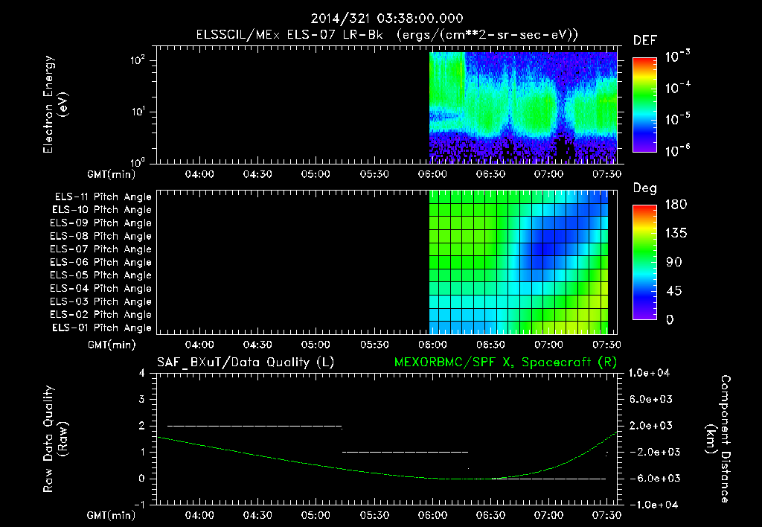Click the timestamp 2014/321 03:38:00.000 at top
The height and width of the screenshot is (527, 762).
point(387,19)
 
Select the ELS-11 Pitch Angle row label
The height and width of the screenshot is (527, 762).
point(103,197)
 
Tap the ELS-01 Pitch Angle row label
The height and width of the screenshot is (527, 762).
point(102,328)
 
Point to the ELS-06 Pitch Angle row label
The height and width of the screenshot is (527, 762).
point(100,262)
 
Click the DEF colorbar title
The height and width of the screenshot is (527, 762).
point(645,41)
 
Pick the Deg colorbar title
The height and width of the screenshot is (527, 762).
point(645,188)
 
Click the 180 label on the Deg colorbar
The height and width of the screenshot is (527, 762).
point(676,204)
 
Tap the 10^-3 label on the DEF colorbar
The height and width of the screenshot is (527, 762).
point(678,57)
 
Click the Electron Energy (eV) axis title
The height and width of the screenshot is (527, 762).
point(55,104)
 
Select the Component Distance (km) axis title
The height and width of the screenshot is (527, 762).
point(718,439)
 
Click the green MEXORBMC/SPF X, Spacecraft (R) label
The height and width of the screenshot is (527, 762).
point(505,362)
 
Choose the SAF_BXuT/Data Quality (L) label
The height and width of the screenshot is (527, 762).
point(246,362)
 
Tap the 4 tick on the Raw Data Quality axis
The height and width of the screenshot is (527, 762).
point(142,373)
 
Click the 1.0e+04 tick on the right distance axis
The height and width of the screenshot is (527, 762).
point(650,373)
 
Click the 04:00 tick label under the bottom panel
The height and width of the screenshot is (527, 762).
point(199,515)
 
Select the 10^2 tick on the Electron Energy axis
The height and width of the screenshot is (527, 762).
point(138,60)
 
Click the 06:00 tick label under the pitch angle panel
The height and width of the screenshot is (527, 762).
point(432,345)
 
